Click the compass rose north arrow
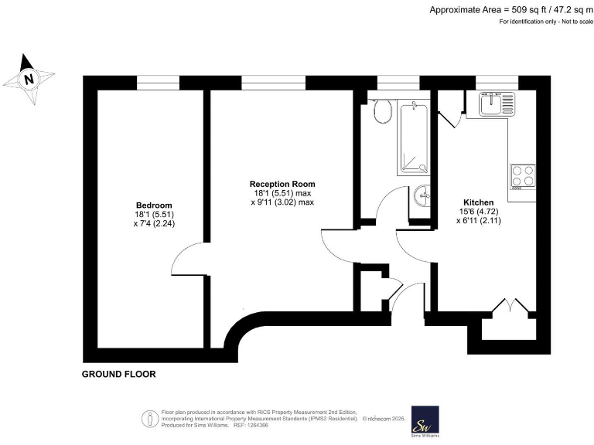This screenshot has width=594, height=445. [29, 78]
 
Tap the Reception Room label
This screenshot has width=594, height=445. [282, 183]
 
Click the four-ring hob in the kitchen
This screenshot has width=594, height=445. [523, 177]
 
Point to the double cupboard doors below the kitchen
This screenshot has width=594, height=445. [507, 307]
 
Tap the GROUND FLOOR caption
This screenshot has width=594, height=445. [119, 375]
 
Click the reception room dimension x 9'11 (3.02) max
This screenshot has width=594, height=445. [282, 202]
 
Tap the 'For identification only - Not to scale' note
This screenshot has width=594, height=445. [544, 22]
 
